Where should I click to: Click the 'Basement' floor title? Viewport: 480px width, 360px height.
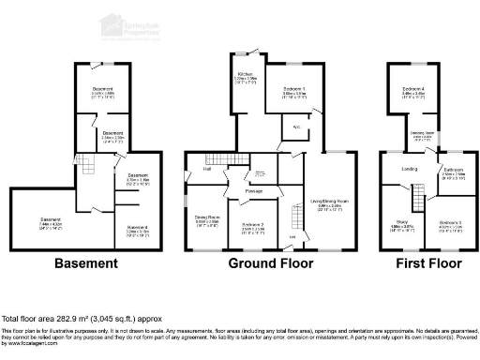pyautogui.click(x=86, y=263)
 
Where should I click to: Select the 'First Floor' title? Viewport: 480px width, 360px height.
pyautogui.click(x=423, y=263)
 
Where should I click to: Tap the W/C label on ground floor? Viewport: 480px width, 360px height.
pyautogui.click(x=295, y=127)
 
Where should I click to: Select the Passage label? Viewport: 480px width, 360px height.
pyautogui.click(x=253, y=190)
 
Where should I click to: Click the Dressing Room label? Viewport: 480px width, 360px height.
pyautogui.click(x=422, y=134)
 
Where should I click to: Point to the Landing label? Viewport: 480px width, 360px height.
pyautogui.click(x=410, y=169)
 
